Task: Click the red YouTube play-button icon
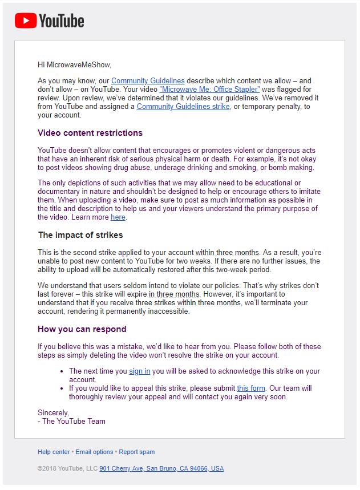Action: [25, 21]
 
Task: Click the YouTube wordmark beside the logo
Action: [61, 22]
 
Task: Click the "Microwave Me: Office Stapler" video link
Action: [209, 90]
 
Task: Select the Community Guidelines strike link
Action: [183, 107]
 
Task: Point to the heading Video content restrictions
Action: [90, 133]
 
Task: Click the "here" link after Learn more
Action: [118, 217]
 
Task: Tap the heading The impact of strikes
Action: [80, 234]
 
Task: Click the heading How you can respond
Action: [82, 329]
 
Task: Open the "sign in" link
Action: [140, 371]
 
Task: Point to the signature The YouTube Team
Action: [74, 422]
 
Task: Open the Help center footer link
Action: [54, 452]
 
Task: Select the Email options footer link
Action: [94, 452]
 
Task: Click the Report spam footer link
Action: [137, 452]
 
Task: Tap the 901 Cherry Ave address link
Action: [161, 468]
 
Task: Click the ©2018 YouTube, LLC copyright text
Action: [67, 468]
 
